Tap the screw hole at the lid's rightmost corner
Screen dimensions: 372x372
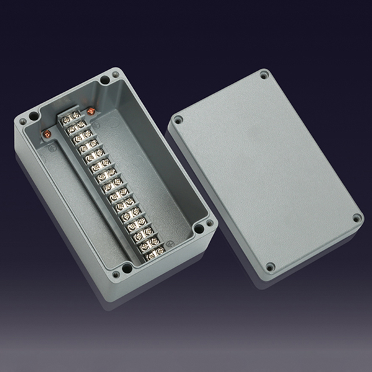356,218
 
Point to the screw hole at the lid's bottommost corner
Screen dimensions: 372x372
270,267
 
